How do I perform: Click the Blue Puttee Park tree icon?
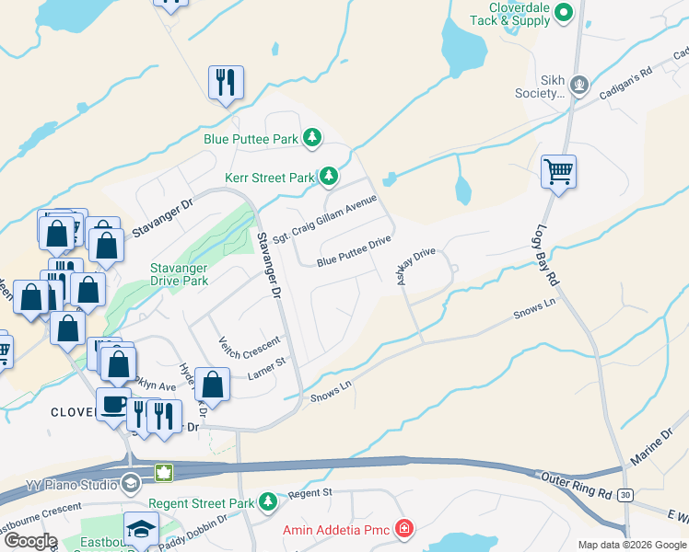tap(313, 138)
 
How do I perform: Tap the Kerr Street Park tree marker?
tap(328, 176)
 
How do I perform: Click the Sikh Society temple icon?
tap(579, 85)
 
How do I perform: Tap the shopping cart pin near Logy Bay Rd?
tap(558, 172)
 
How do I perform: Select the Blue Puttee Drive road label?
tap(355, 251)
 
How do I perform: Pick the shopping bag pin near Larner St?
tap(213, 385)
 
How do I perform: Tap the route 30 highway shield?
tap(625, 495)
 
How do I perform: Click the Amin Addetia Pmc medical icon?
tap(403, 528)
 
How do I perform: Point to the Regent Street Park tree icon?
tap(267, 502)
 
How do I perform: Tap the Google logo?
tap(30, 540)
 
